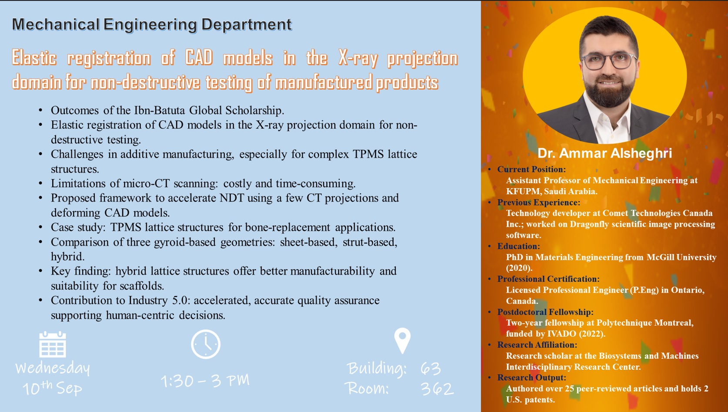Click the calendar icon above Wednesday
[x=53, y=344]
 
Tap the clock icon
[x=206, y=344]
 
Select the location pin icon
[x=402, y=340]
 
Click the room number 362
[x=437, y=388]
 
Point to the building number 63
[x=431, y=368]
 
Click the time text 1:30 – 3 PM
[x=205, y=381]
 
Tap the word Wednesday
[x=53, y=368]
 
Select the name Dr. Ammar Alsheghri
[x=604, y=153]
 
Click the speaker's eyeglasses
[x=609, y=61]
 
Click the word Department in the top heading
[x=246, y=24]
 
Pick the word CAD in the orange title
[x=199, y=58]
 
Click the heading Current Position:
[x=531, y=169]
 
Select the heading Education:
[x=518, y=246]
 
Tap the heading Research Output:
[x=532, y=378]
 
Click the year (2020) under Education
[x=519, y=268]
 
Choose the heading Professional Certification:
[x=548, y=279]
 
